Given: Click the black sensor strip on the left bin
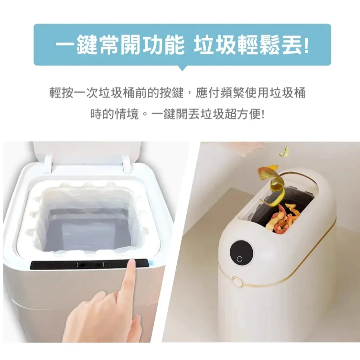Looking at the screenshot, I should click(89, 265).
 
